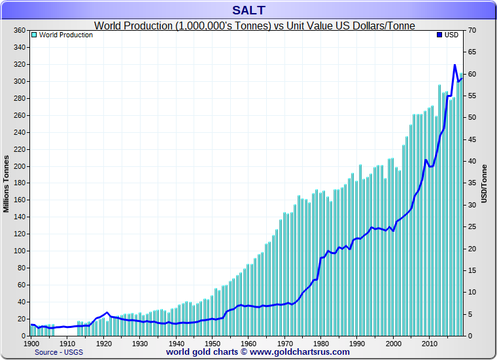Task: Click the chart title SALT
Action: pos(248,10)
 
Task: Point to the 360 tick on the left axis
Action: pos(18,31)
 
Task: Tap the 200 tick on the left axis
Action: pos(18,166)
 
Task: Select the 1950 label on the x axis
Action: pos(212,343)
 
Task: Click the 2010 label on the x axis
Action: pos(429,343)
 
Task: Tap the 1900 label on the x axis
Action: pos(31,343)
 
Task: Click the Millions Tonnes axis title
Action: pos(7,183)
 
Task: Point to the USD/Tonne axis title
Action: pos(485,183)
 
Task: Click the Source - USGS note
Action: pos(60,352)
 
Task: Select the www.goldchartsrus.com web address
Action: pos(300,351)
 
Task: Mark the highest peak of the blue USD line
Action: pos(454,65)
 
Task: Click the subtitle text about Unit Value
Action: pos(255,26)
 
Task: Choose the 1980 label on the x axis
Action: pos(320,343)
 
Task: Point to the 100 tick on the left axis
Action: pos(18,251)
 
